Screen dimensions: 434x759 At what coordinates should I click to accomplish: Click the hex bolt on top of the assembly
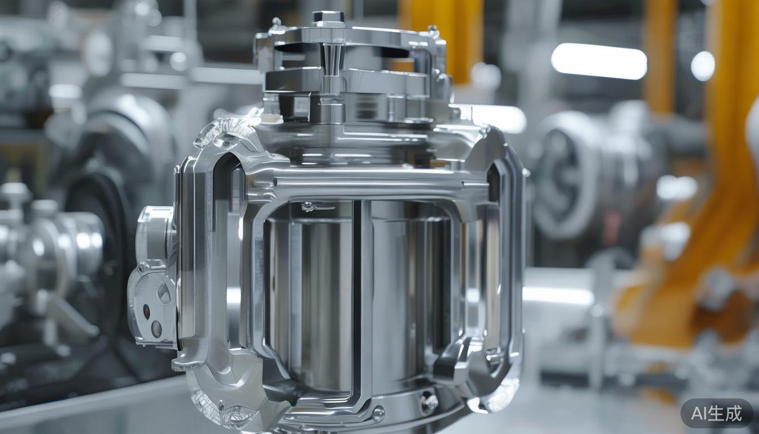pos(328,18)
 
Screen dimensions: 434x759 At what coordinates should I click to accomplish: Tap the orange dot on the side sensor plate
pos(146,311)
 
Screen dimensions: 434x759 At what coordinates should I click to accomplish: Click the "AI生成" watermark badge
pos(716,414)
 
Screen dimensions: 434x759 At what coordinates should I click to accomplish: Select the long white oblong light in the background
pos(599,61)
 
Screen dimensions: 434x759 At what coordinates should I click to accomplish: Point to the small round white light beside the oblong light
pos(703,66)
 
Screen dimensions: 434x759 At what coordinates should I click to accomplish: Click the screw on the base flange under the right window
pos(428,402)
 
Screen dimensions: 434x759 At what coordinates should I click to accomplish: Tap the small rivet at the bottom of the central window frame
pos(378,414)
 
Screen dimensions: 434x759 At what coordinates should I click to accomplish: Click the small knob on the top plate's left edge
pos(276,24)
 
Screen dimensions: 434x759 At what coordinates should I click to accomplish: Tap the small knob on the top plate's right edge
pos(433,30)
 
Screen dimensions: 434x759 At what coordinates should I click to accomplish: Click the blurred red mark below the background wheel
pos(611,226)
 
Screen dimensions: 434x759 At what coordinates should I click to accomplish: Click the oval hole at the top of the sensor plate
pos(163,293)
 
